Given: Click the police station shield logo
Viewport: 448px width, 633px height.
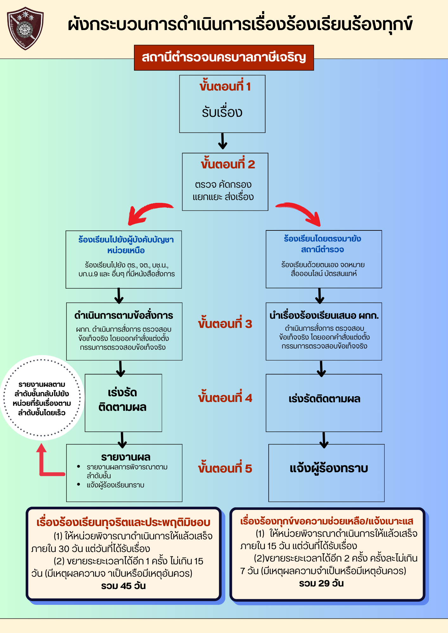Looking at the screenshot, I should click(25, 28).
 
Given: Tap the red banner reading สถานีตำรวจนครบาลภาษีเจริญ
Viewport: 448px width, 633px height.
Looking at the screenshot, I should click(224, 58).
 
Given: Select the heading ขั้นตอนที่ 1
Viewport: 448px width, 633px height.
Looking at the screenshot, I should click(225, 86).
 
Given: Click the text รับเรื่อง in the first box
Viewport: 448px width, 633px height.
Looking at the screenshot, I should click(222, 112).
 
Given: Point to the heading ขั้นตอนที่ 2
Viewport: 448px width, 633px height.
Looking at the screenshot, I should click(227, 164).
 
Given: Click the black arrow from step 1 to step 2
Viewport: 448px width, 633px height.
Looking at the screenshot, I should click(223, 141).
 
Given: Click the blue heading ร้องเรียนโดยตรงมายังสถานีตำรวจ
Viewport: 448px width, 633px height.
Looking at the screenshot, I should click(323, 244).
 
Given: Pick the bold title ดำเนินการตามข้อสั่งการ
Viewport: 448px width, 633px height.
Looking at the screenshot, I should click(124, 316).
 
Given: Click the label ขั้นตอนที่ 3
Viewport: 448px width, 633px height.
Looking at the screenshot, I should click(225, 324).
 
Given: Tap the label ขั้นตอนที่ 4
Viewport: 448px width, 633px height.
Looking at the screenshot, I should click(225, 398).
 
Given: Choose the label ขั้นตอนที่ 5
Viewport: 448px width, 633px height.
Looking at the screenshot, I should click(225, 468).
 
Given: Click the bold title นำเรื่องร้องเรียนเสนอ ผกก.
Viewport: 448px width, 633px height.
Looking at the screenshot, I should click(324, 316).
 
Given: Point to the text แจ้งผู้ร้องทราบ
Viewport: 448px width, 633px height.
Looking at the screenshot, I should click(329, 468).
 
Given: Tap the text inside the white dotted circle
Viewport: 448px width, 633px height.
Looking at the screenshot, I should click(42, 398).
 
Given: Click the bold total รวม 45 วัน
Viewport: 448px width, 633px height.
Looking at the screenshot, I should click(124, 586).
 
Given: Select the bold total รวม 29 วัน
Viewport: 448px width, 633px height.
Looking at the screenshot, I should click(321, 583).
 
